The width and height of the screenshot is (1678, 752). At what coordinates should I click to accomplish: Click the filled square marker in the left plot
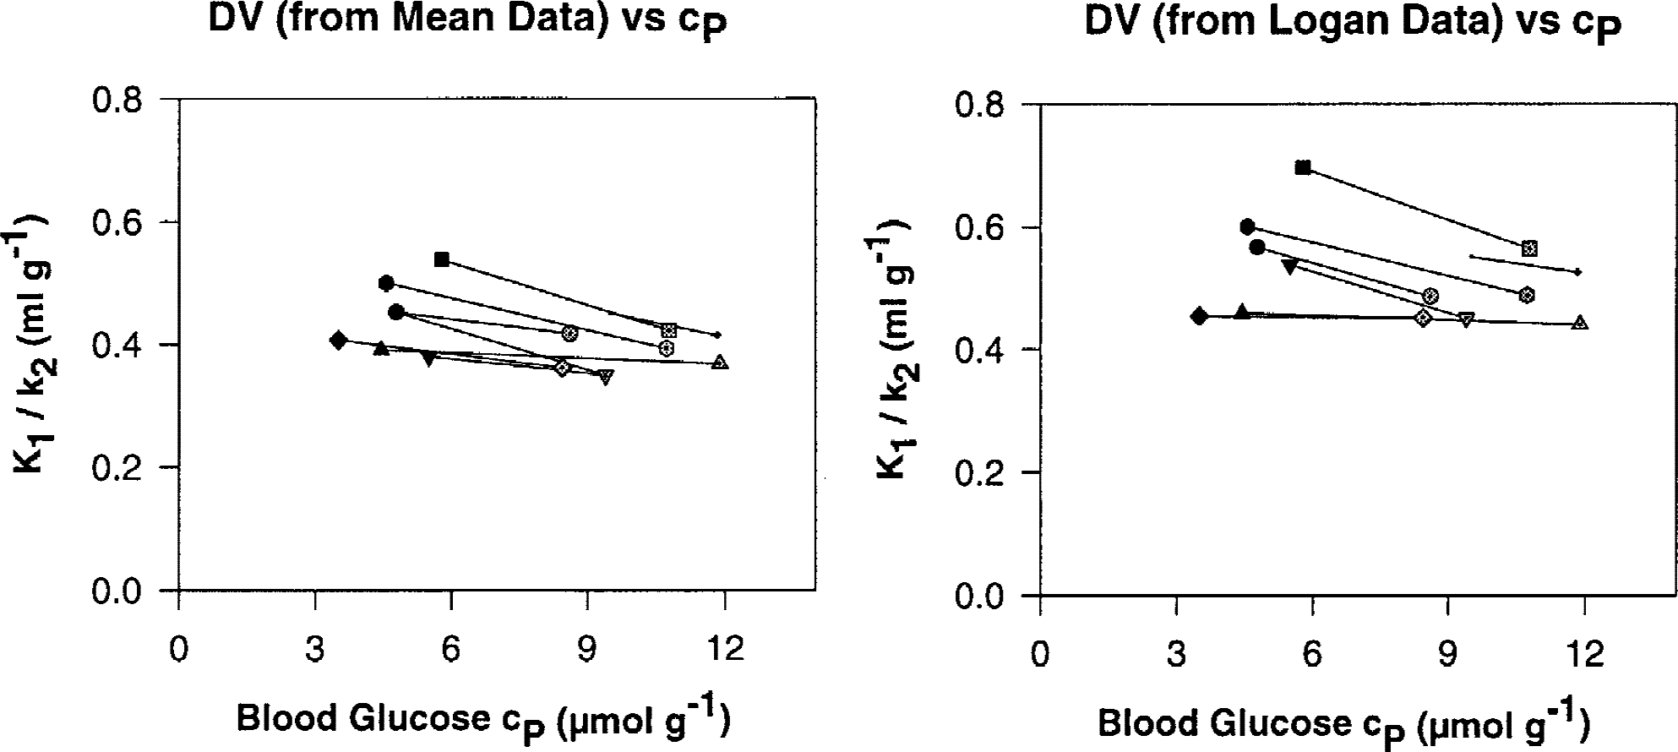coord(442,259)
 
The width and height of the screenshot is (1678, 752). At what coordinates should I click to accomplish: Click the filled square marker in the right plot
coord(1303,167)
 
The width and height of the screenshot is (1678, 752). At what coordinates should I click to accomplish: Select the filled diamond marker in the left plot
coord(339,341)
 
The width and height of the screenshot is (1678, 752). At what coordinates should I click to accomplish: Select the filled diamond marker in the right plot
coord(1199,316)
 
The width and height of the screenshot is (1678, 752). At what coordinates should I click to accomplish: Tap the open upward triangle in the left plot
coord(720,362)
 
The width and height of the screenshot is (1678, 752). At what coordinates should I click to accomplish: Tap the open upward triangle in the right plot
coord(1581,322)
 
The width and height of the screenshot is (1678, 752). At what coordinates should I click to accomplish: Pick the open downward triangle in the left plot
coord(606,377)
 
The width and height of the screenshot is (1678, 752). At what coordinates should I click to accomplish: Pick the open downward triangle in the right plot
coord(1467,319)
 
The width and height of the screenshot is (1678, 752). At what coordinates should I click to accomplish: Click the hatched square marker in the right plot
coord(1528,248)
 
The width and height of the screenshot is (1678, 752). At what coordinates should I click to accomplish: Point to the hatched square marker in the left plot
coord(669,330)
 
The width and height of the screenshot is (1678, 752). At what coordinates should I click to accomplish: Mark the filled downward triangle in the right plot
coord(1289,266)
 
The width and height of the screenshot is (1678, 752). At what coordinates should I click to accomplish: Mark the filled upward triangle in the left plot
coord(381,347)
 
